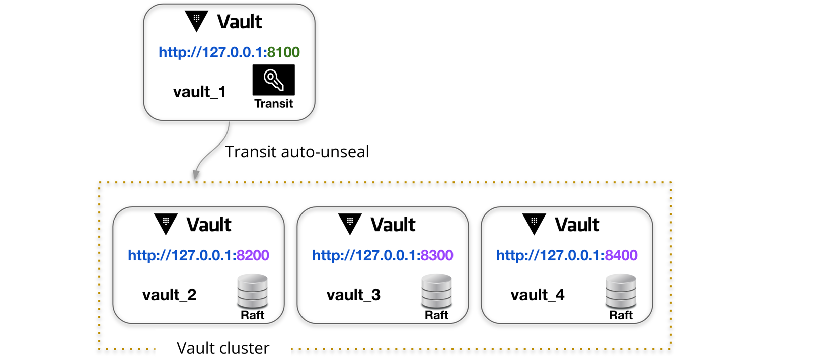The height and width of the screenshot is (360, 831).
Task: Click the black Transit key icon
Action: click(273, 80)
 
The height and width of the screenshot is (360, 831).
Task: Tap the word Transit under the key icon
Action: click(273, 104)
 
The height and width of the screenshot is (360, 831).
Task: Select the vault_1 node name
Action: click(199, 92)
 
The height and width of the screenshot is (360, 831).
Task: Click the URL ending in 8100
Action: click(229, 52)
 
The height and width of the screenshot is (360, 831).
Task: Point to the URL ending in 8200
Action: click(198, 255)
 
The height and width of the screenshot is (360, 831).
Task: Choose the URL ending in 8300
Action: click(383, 255)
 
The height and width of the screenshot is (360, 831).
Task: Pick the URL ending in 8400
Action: click(567, 255)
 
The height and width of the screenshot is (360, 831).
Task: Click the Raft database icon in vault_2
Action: click(252, 291)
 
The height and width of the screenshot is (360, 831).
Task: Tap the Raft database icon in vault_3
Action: click(436, 291)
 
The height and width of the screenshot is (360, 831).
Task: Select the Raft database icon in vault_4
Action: click(621, 291)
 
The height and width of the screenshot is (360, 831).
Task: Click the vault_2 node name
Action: click(169, 295)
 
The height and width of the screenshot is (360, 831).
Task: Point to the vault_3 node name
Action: click(353, 295)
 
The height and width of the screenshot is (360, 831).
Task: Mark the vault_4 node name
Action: click(538, 295)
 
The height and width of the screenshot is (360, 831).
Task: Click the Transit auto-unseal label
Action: click(297, 152)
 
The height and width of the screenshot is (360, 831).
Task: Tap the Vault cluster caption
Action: click(223, 348)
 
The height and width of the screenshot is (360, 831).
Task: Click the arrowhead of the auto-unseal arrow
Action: click(196, 175)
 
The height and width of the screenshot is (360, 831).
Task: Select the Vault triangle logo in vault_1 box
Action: click(196, 21)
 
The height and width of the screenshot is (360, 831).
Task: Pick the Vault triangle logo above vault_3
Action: click(350, 224)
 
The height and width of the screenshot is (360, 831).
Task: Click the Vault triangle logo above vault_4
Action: click(534, 224)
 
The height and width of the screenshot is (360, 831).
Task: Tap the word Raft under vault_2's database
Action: click(252, 315)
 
